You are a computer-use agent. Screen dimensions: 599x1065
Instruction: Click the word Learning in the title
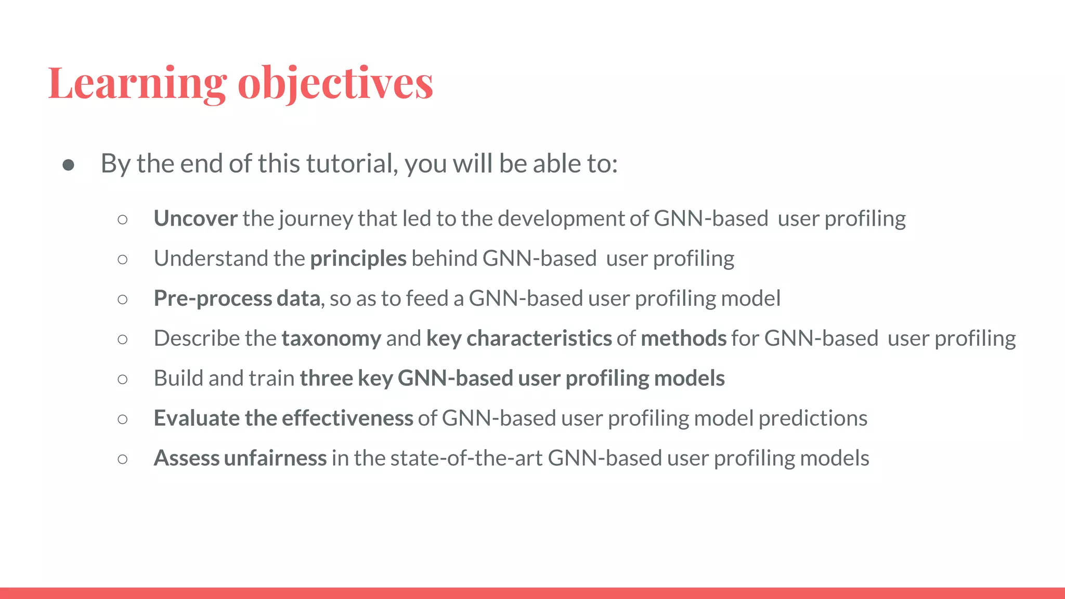(137, 83)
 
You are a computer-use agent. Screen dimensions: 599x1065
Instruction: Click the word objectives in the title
(335, 83)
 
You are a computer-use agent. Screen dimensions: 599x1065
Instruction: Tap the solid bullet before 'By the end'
(68, 165)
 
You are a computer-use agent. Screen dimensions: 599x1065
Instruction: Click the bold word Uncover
(196, 219)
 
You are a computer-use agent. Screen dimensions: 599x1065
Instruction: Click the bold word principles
(358, 259)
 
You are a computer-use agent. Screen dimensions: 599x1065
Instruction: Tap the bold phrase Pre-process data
(237, 299)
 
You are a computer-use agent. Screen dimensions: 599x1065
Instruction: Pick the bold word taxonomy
(331, 339)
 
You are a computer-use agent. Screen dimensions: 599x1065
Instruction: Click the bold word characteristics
(539, 339)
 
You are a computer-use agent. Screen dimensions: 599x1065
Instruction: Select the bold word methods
(683, 339)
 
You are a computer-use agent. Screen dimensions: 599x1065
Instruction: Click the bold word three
(326, 379)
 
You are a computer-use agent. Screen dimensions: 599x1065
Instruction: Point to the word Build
(178, 379)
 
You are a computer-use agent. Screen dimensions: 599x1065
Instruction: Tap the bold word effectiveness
(347, 419)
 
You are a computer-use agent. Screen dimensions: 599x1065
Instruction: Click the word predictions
(813, 419)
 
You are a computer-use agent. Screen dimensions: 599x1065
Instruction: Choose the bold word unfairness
(275, 459)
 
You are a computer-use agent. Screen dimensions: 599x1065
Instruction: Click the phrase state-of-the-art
(466, 459)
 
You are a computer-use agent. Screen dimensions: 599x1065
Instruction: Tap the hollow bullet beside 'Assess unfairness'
(123, 459)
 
